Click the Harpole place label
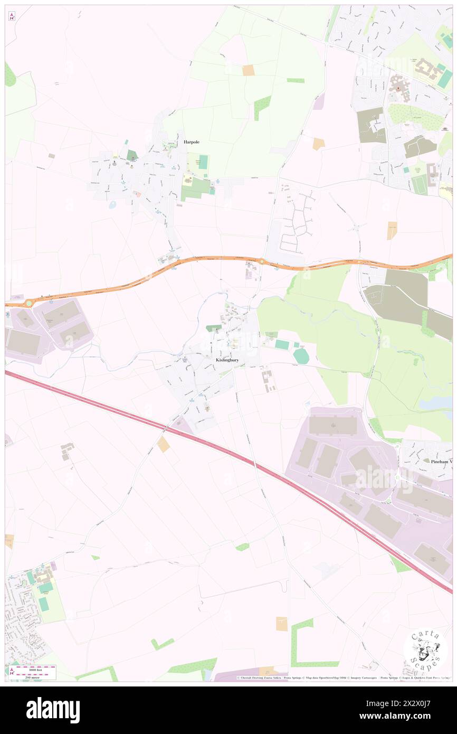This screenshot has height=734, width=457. pyautogui.click(x=192, y=142)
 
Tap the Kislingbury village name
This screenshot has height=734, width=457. pyautogui.click(x=227, y=360)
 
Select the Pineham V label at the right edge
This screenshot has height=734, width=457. pyautogui.click(x=437, y=460)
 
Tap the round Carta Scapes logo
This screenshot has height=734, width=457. pyautogui.click(x=425, y=651)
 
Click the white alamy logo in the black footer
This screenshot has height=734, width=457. pyautogui.click(x=53, y=710)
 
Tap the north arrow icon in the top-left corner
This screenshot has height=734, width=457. pyautogui.click(x=12, y=16)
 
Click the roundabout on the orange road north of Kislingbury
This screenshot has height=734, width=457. pyautogui.click(x=262, y=260)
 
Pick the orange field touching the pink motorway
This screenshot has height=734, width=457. pyautogui.click(x=164, y=444)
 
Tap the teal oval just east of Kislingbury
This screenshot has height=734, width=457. pyautogui.click(x=301, y=356)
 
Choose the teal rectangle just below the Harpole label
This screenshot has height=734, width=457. pyautogui.click(x=203, y=162)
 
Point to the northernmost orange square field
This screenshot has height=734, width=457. pyautogui.click(x=248, y=70)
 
